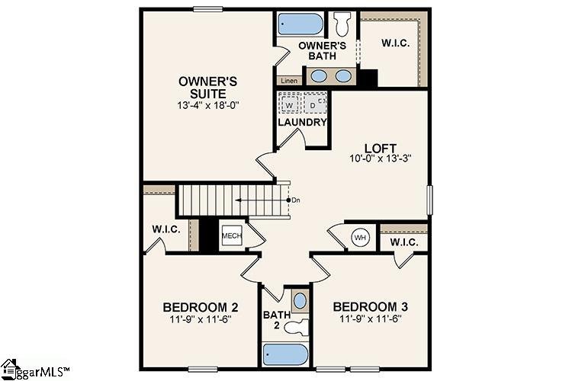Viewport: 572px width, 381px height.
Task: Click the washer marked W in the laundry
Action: tap(289, 103)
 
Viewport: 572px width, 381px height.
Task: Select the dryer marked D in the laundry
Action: tap(315, 103)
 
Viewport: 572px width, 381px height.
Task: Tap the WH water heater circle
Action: tap(361, 238)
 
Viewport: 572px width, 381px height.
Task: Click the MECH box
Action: tap(232, 235)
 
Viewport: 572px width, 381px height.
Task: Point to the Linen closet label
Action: tap(289, 81)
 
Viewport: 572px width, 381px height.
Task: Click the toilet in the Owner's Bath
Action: tap(342, 24)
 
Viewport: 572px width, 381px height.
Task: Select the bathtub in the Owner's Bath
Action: tap(300, 24)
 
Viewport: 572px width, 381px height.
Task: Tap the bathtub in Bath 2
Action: tap(286, 354)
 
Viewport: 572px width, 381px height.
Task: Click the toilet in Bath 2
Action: tap(297, 327)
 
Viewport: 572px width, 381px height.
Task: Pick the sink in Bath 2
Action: tap(300, 301)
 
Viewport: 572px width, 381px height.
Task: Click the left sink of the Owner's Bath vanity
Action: tap(319, 76)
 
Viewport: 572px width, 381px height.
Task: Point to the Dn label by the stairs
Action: tap(296, 200)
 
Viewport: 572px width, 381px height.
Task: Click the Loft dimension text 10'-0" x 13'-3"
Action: tap(381, 158)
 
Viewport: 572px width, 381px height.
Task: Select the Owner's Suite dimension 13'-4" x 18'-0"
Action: tap(208, 105)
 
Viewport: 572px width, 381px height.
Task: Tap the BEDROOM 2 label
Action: tap(201, 307)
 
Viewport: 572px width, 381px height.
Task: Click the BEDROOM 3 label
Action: tap(370, 306)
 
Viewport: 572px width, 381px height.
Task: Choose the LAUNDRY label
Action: tap(302, 122)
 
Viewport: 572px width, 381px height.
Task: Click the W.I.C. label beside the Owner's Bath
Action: tap(395, 43)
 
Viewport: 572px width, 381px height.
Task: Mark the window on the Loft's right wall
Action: tap(429, 200)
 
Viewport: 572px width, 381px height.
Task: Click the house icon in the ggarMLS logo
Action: tap(10, 367)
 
